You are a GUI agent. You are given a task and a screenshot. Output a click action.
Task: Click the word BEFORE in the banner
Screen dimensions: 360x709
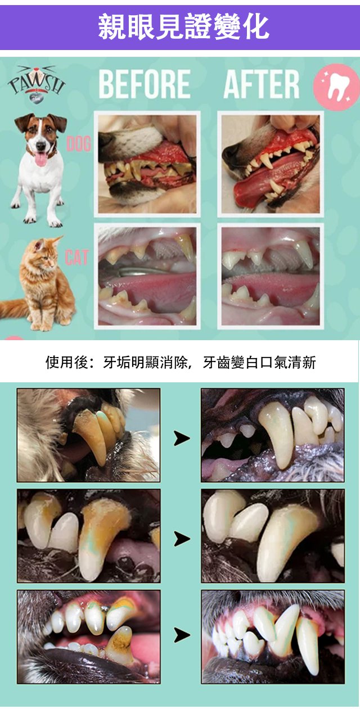[x=145, y=84]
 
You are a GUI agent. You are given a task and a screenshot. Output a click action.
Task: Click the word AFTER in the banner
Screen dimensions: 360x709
[x=261, y=84]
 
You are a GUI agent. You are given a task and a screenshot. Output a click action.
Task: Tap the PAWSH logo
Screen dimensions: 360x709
[x=37, y=84]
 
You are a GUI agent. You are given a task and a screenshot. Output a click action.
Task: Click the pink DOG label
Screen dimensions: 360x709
[x=79, y=144]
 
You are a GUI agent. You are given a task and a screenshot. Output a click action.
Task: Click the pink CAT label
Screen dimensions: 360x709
[x=76, y=258]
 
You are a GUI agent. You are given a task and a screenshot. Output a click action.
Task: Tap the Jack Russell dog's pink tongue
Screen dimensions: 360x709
[x=40, y=159]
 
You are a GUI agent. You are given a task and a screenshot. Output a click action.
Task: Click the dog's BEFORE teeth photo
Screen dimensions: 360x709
[x=147, y=164]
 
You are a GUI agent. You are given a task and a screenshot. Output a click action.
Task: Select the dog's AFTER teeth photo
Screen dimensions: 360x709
[x=271, y=164]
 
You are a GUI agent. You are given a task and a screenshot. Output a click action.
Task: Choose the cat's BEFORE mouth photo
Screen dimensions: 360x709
[x=147, y=276]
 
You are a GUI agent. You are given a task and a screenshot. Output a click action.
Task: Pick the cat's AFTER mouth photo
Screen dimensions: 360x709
[x=271, y=276]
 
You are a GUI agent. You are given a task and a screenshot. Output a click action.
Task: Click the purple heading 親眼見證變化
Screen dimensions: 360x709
[x=183, y=27]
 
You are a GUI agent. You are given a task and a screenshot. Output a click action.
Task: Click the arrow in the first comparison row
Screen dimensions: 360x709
[x=182, y=439]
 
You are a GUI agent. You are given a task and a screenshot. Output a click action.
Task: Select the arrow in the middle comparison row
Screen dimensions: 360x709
[x=182, y=539]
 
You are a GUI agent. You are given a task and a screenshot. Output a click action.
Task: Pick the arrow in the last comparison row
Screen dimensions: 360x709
[x=182, y=635]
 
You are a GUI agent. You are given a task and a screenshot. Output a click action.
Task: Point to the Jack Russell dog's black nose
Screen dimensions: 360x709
[x=40, y=146]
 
